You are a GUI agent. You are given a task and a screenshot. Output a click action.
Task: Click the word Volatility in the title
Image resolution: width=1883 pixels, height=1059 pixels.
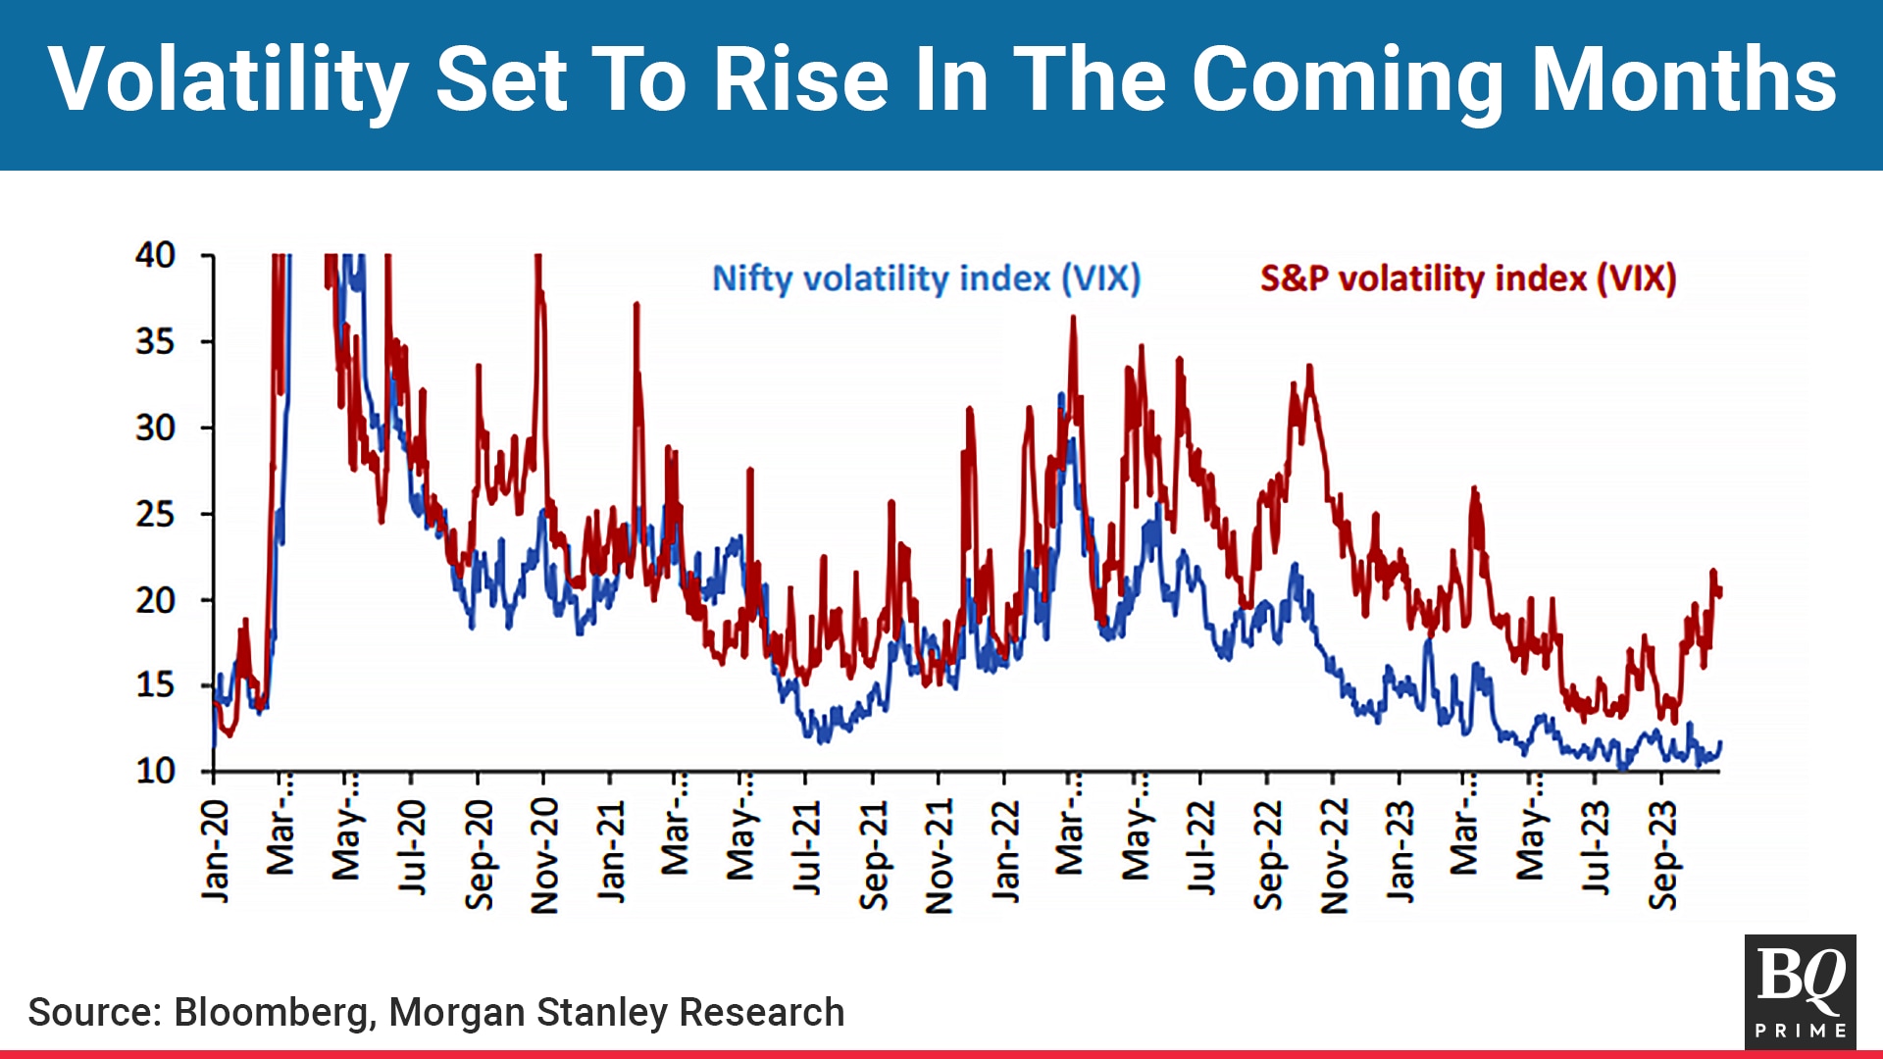[x=228, y=80]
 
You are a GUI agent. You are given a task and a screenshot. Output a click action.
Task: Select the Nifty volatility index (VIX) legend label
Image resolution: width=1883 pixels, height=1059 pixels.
[x=926, y=278]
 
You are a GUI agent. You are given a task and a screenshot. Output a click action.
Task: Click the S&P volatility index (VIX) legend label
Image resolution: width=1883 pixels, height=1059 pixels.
[x=1467, y=278]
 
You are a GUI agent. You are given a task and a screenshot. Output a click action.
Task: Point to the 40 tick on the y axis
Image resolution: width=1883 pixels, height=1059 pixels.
[x=156, y=256]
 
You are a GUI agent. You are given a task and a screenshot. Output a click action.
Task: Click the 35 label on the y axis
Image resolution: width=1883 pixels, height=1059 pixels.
[x=156, y=342]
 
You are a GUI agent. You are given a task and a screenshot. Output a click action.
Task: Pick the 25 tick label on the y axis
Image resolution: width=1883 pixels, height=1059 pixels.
[x=156, y=514]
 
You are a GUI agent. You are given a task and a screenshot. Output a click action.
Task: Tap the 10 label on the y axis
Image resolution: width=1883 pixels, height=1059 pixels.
[x=156, y=772]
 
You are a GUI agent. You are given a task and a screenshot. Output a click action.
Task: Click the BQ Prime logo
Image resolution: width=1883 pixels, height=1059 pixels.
[x=1800, y=991]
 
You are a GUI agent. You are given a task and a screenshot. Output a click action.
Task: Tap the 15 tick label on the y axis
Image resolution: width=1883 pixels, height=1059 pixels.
[x=156, y=685]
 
